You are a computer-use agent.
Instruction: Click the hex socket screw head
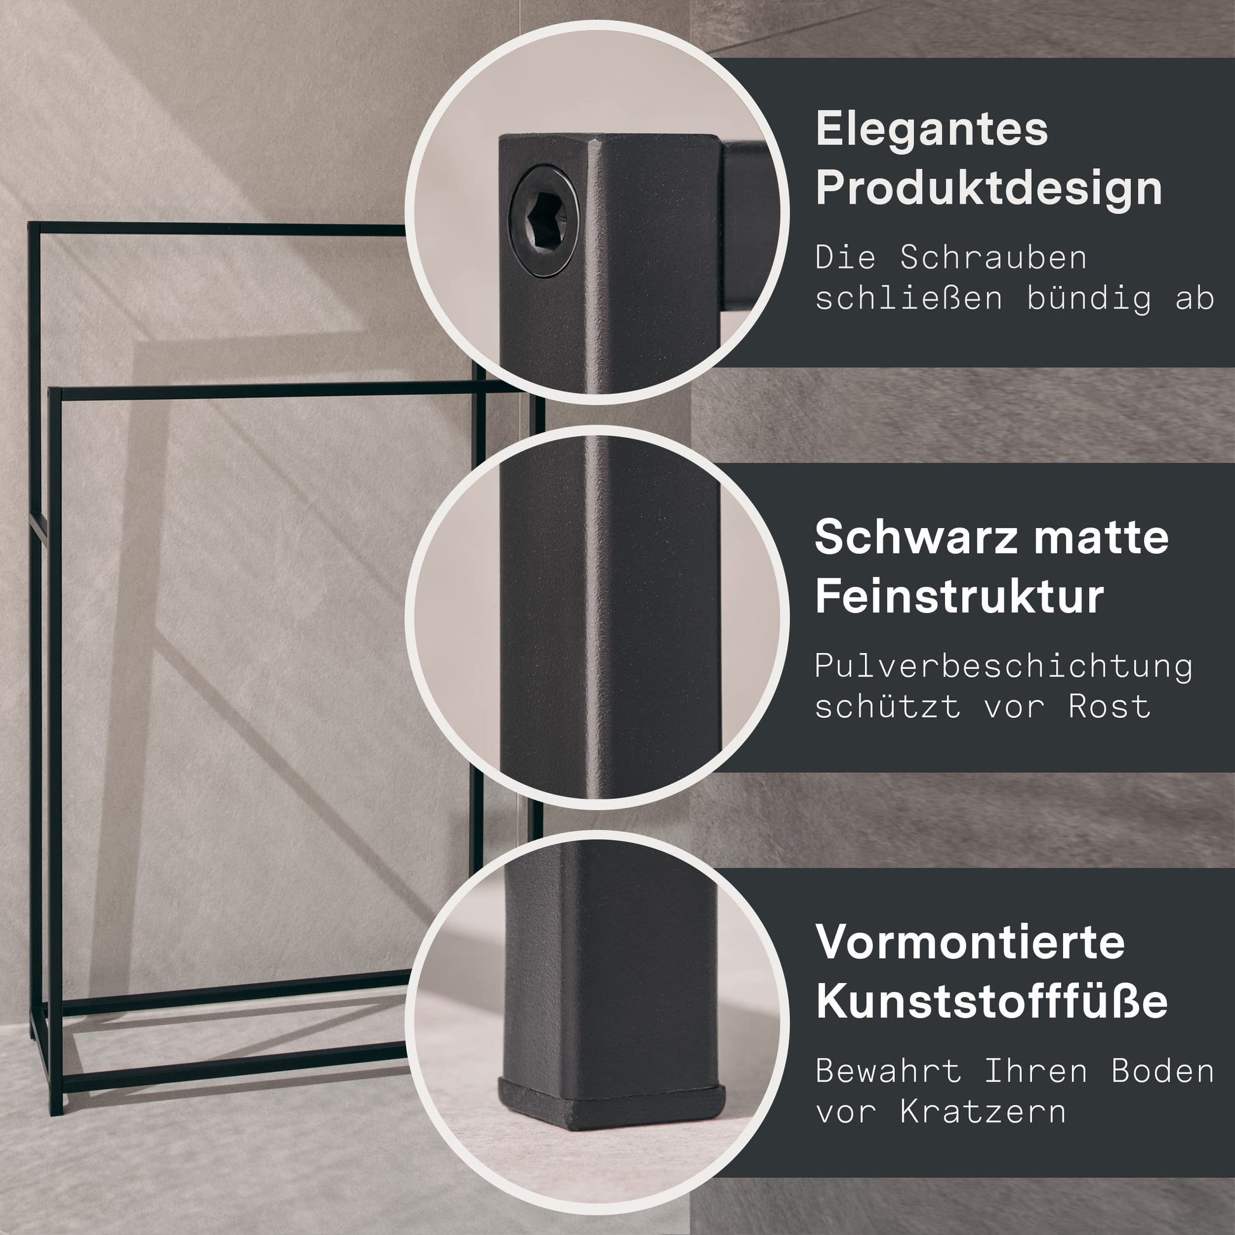click(543, 223)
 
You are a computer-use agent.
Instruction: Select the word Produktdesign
click(989, 188)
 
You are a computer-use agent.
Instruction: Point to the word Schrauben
click(993, 257)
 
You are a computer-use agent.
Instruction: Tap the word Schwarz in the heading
click(915, 537)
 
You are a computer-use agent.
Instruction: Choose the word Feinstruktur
click(960, 596)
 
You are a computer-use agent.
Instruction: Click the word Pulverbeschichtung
click(1003, 666)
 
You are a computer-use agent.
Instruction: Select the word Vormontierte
click(970, 941)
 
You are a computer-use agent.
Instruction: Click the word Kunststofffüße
click(991, 1000)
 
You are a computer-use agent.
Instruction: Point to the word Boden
click(1163, 1071)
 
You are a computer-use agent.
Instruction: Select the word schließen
click(909, 299)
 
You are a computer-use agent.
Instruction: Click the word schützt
click(888, 706)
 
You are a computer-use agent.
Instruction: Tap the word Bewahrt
click(888, 1071)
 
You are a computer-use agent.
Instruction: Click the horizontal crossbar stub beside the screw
click(745, 227)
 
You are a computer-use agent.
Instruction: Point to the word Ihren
click(1036, 1071)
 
